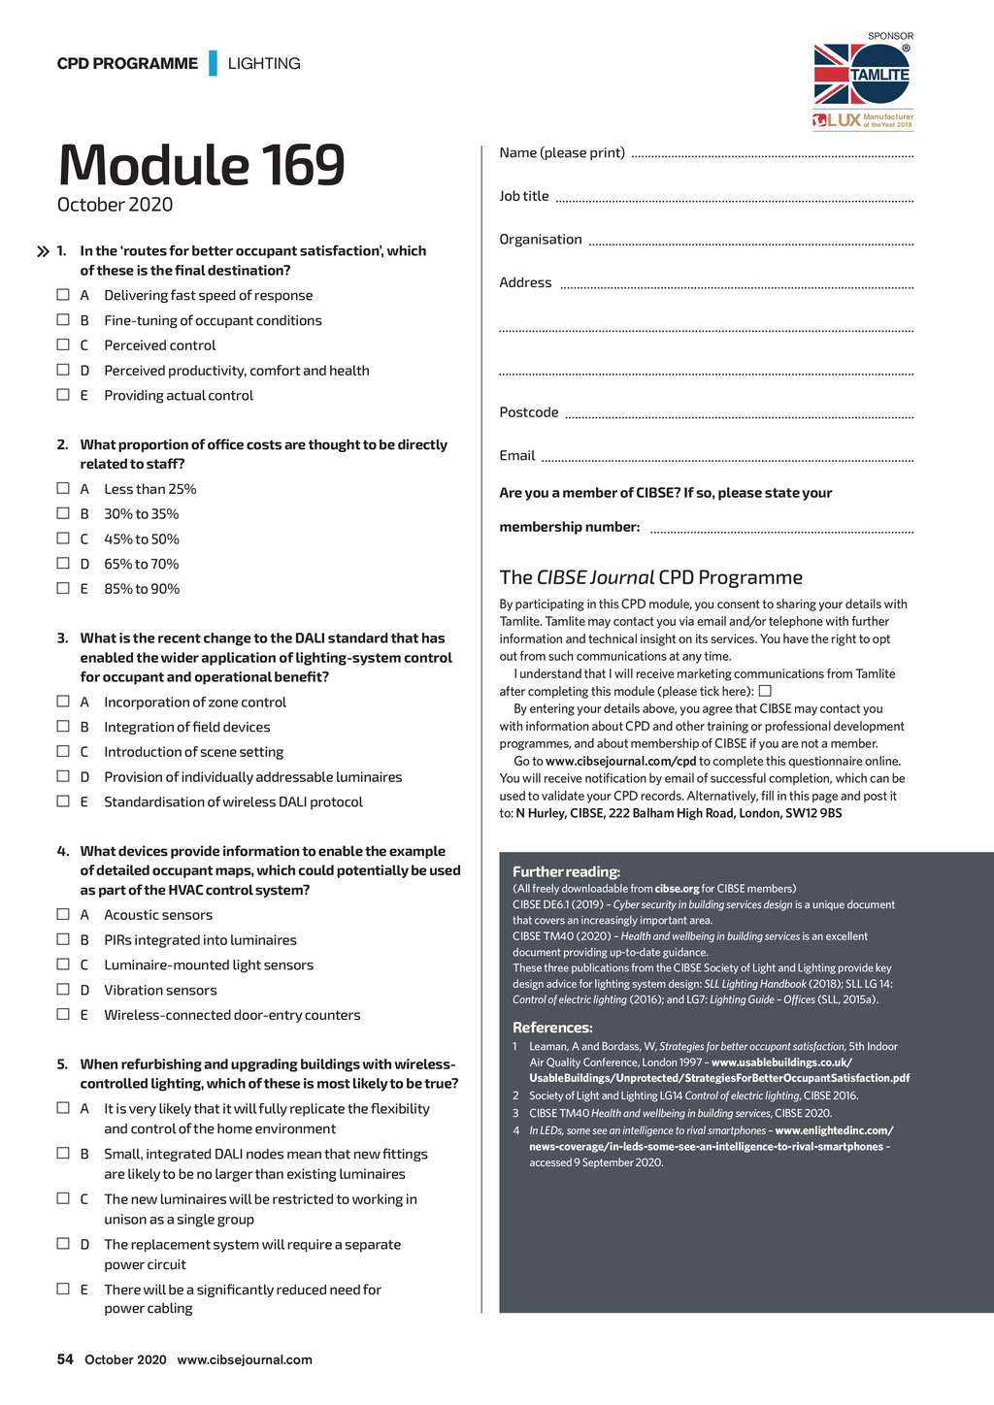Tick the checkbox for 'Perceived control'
(63, 344)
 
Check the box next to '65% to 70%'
(63, 563)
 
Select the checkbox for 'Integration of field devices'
(63, 726)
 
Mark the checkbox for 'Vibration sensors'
(63, 989)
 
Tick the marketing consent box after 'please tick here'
(765, 691)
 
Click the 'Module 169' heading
(201, 165)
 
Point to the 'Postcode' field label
(529, 412)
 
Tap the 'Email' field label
(517, 455)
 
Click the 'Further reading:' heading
(566, 871)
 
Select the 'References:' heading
(552, 1028)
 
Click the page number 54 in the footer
(65, 1359)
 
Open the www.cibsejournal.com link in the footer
(245, 1359)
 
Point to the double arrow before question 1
(43, 252)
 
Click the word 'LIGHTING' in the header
(264, 63)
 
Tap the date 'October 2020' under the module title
(115, 205)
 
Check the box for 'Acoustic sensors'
(63, 914)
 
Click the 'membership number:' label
(570, 527)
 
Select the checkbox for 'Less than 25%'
(63, 488)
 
